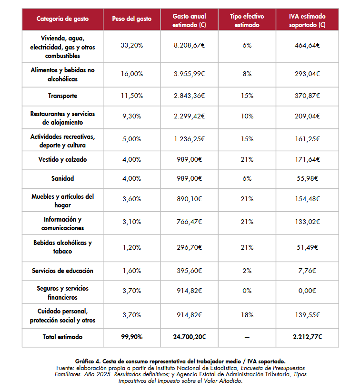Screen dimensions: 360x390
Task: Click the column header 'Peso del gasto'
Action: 132,19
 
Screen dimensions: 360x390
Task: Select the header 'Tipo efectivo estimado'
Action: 247,20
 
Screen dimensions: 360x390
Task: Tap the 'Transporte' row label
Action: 62,96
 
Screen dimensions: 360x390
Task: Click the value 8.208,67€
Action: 189,45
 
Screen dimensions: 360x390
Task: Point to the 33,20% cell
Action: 132,45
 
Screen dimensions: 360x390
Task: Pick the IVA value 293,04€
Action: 307,74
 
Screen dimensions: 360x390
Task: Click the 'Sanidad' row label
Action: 62,178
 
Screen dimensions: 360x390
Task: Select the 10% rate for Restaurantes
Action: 247,116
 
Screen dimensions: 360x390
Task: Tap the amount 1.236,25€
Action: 189,139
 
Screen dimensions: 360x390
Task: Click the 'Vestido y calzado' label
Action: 62,159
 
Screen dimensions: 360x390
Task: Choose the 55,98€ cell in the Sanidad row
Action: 307,178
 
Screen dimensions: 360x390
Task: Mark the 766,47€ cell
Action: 189,222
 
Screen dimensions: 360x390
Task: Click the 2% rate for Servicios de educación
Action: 247,271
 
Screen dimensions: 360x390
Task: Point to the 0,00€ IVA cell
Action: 307,291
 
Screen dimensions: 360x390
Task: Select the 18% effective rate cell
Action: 247,315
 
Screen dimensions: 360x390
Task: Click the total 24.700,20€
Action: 189,337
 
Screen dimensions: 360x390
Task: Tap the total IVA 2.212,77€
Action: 307,337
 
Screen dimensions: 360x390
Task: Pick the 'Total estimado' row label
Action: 62,337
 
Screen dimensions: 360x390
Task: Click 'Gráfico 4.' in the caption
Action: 88,361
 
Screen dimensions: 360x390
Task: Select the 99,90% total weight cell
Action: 132,337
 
